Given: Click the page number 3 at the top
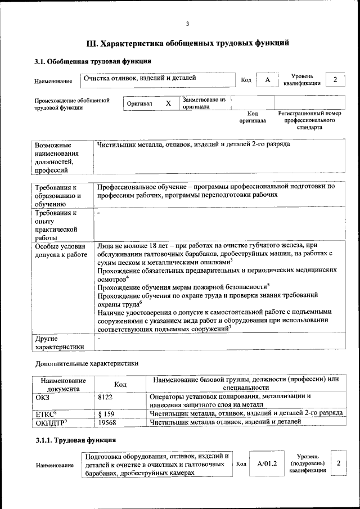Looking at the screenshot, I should pos(187,23).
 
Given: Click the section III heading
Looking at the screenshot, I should pos(187,43).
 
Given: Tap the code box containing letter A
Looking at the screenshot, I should pos(268,80).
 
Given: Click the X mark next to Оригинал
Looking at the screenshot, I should pos(168,103).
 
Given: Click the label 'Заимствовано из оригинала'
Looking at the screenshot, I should pos(204,102).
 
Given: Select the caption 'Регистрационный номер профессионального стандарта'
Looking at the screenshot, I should pos(310,120).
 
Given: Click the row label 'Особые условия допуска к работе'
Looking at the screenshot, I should pos(60,250).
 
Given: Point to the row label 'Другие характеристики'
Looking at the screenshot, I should pos(59,343).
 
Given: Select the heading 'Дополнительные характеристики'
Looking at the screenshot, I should pos(85,364).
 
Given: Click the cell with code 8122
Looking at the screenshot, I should pos(105,397).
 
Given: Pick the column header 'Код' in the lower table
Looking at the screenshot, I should pos(120,384).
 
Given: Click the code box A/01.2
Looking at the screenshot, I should pos(267,464).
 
